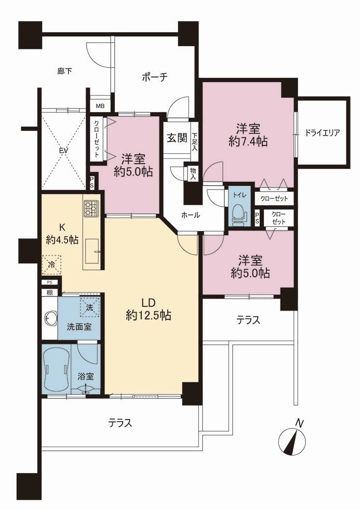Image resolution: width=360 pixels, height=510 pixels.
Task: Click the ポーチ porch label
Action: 154,77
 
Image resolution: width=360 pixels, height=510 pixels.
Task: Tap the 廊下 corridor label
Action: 64,71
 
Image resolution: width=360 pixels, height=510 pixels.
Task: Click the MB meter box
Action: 100,106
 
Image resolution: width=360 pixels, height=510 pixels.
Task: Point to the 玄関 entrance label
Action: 177,138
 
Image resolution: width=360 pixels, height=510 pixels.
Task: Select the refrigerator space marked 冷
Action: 52,264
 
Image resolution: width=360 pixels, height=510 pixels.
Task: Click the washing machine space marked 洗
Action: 89,307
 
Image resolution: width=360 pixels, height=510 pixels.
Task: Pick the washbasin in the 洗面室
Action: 50,318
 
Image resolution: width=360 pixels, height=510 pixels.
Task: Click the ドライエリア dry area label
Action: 322,133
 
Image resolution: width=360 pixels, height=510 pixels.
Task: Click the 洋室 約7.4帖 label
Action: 248,135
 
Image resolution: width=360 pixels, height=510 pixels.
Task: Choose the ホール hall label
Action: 190,215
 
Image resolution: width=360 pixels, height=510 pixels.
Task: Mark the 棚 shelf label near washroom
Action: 49,292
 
